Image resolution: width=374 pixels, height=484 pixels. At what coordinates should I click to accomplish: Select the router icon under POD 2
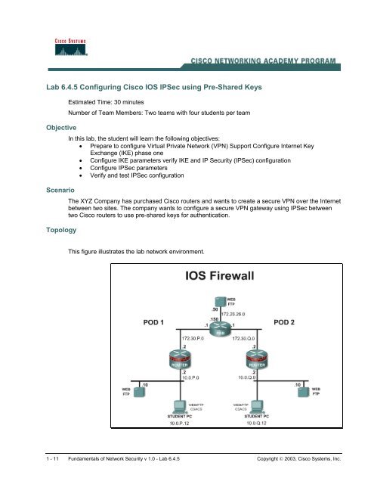[258, 361]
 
